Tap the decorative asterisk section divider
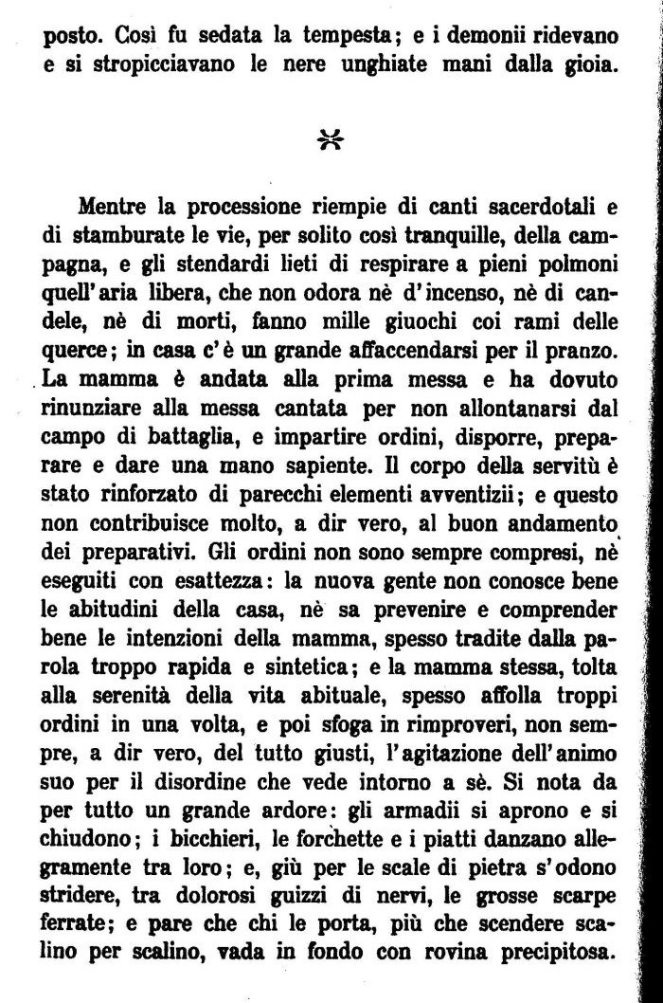[x=331, y=140]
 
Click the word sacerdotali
[x=536, y=207]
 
